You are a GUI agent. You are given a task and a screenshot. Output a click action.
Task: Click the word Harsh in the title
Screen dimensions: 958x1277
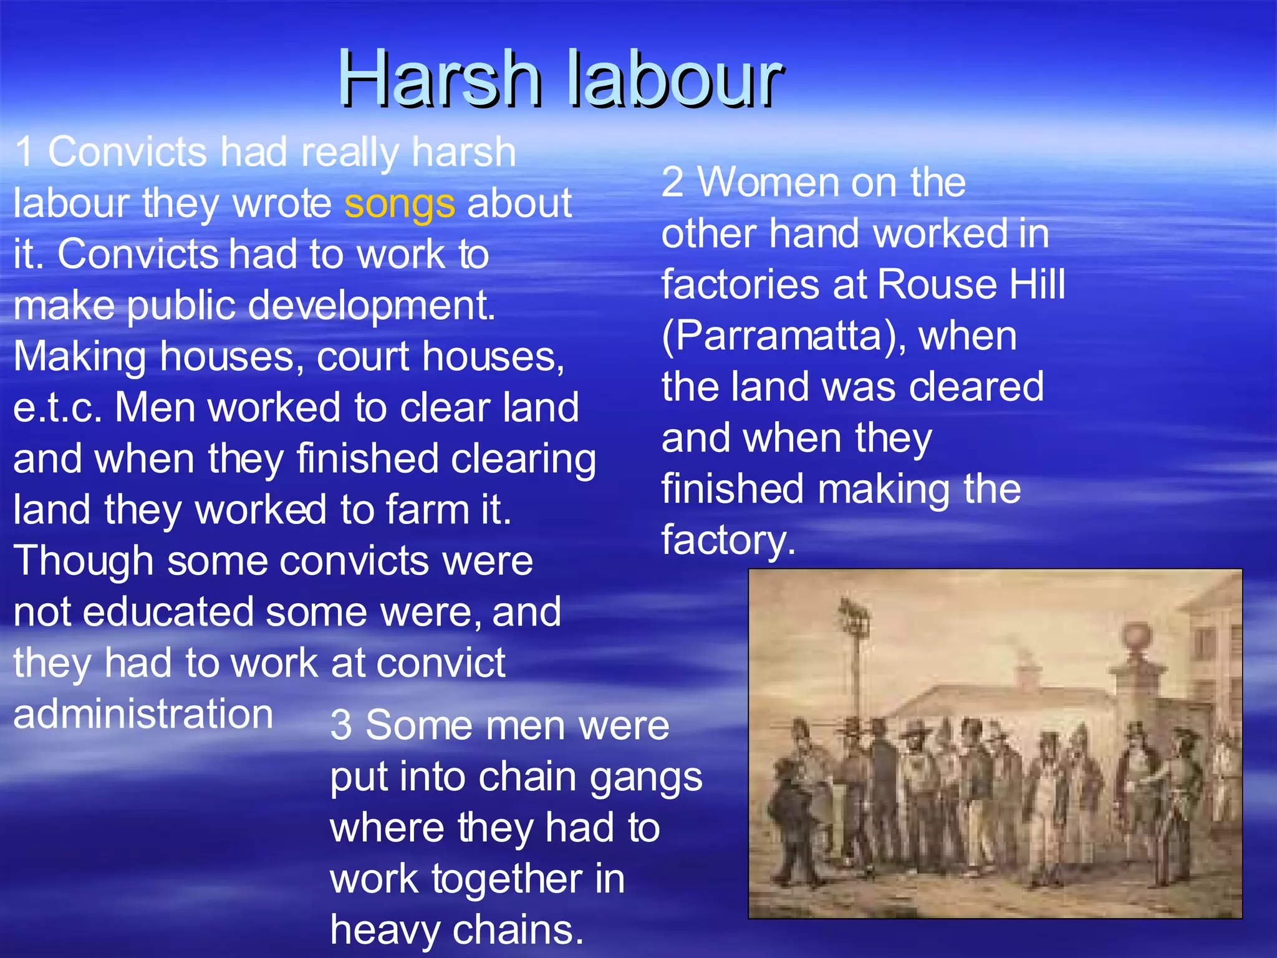click(440, 80)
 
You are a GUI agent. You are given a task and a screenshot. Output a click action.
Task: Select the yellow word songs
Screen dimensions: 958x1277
click(399, 205)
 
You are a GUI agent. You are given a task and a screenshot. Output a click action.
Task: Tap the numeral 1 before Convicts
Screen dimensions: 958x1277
click(25, 152)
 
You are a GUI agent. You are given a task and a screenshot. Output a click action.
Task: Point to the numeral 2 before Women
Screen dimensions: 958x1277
click(672, 183)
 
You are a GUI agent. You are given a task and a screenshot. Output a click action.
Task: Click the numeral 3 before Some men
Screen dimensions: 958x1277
click(341, 726)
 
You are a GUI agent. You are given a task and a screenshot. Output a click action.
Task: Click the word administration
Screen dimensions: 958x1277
click(143, 714)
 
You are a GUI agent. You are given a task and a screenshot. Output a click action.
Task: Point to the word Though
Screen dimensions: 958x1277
click(83, 561)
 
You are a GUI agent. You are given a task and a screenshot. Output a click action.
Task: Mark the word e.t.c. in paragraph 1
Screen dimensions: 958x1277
click(57, 408)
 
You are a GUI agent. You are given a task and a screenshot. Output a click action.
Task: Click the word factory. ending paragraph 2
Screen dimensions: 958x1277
click(728, 540)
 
